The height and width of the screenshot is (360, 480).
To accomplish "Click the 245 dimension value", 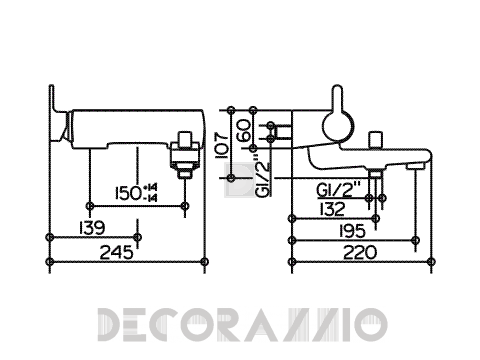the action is tap(117, 252).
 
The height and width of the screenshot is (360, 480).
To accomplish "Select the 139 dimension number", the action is tap(92, 228).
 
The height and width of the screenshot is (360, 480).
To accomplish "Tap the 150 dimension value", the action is tap(128, 193).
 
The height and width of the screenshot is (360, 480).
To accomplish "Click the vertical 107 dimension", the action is tap(222, 146).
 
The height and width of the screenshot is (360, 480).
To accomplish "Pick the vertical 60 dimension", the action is tap(244, 130).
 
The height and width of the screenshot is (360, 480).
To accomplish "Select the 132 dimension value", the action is tap(332, 209).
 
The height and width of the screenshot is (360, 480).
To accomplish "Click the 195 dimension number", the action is tap(352, 231).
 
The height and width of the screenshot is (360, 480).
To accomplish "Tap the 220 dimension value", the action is tap(360, 252).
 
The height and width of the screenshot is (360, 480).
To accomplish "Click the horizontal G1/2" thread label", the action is tap(338, 190).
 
